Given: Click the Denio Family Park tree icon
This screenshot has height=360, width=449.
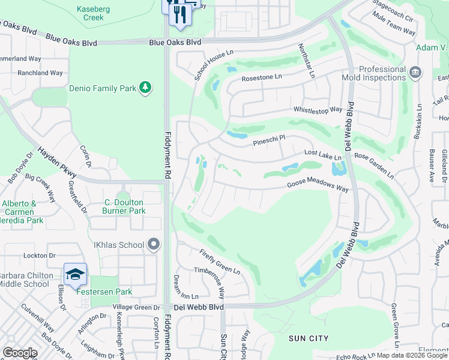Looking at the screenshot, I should click(145, 88).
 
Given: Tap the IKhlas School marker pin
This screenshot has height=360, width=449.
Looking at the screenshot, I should click(154, 244).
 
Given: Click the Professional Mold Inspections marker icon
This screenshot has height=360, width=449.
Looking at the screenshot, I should click(415, 73).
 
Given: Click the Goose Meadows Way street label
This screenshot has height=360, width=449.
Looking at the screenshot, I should click(318, 187).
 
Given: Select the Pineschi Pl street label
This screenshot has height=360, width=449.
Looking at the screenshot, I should click(268, 140).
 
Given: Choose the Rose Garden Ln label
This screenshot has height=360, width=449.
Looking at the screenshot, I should click(374, 166).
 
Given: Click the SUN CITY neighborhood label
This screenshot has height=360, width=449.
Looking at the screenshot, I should click(309, 338).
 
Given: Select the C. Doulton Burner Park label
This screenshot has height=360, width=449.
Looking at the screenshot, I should click(125, 206).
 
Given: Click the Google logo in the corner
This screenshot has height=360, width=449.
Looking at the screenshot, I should click(20, 352).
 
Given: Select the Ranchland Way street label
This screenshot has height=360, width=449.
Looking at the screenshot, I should click(40, 73).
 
